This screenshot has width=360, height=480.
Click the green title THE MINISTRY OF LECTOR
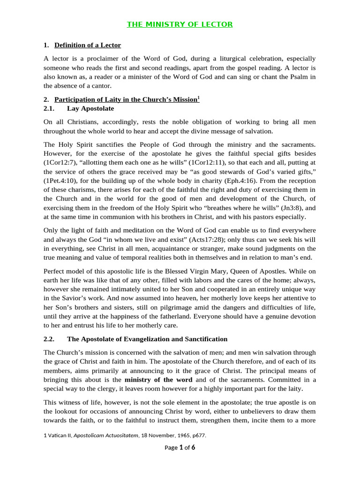180,24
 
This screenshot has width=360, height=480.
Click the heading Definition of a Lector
88,45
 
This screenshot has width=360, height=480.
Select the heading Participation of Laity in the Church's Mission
125,100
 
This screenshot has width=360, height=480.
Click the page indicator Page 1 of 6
180,448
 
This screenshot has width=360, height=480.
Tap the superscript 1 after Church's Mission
198,97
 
